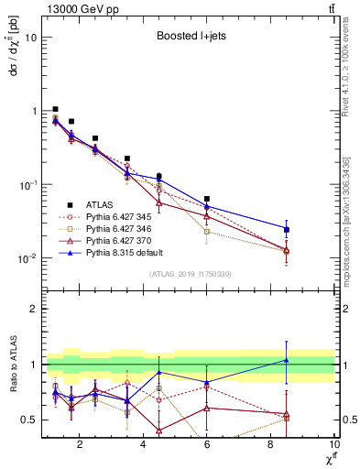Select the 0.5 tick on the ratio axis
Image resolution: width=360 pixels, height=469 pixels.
coord(30,420)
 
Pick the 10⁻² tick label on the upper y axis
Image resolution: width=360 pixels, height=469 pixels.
coord(26,258)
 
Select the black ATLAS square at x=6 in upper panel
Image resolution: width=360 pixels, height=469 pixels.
coord(207,199)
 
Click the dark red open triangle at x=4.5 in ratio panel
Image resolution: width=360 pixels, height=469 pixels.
coord(159,430)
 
